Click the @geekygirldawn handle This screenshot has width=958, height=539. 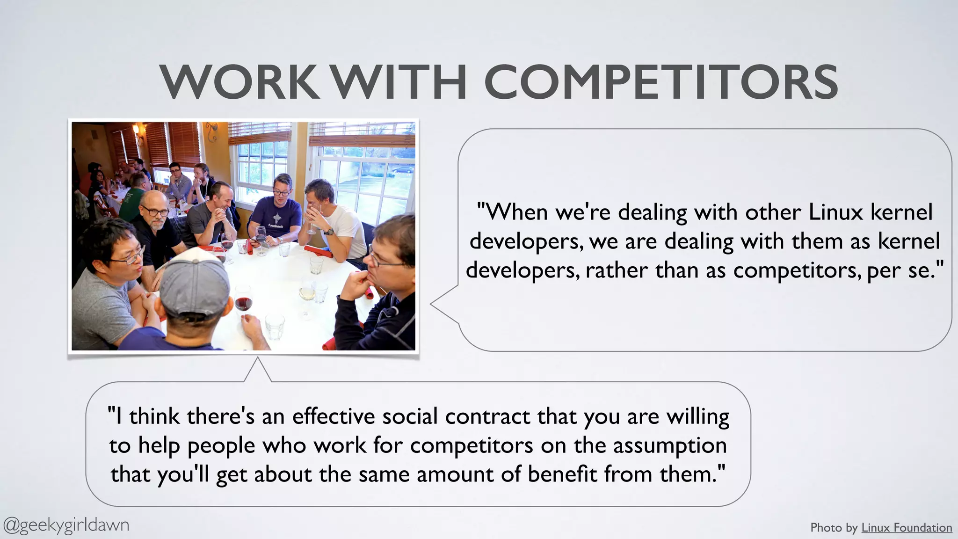(x=66, y=525)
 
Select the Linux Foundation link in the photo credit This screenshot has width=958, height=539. (x=906, y=528)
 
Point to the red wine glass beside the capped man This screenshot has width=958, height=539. (x=243, y=302)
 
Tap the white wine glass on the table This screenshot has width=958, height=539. (x=307, y=293)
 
